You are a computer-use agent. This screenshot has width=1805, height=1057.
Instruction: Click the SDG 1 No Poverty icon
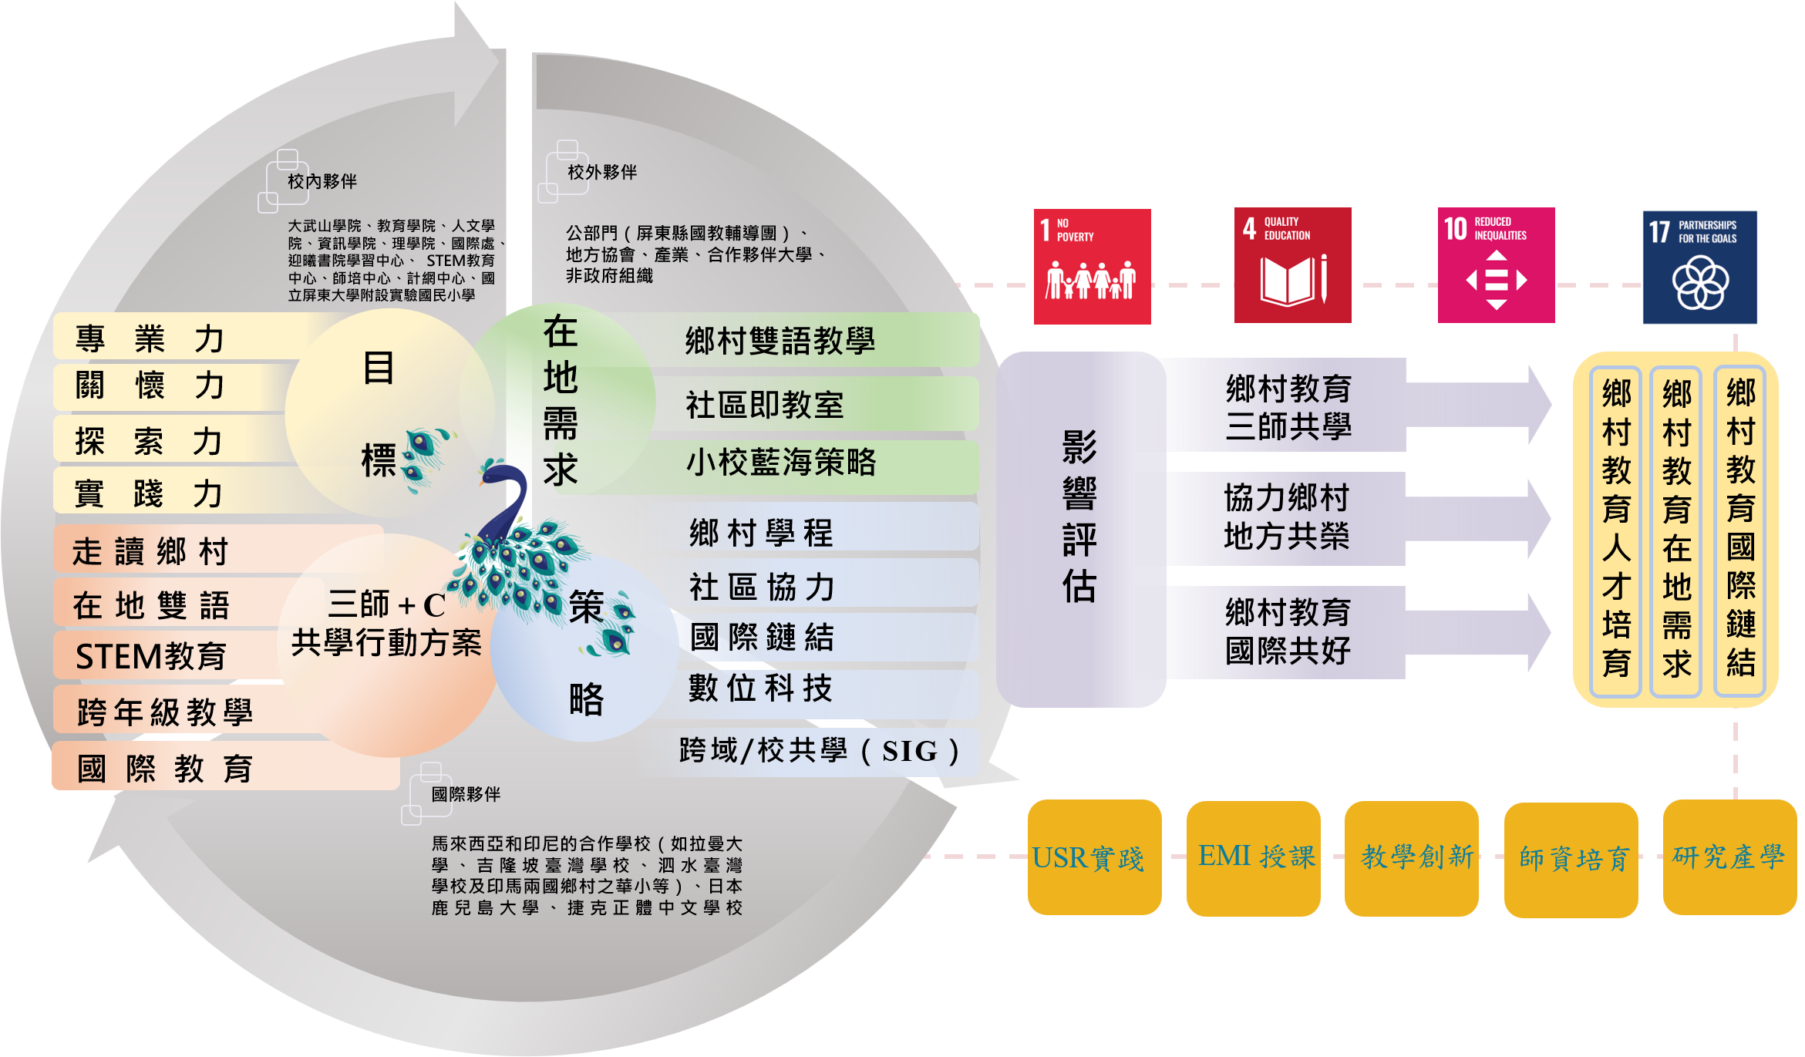pos(1092,266)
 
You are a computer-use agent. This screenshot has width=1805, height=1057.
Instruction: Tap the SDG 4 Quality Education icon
pos(1292,265)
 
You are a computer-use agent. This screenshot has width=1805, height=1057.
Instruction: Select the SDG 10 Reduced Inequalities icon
pos(1496,265)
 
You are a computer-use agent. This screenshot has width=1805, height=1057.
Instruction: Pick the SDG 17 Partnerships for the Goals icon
pos(1699,267)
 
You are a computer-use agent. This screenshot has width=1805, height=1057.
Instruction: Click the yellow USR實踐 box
pos(1094,857)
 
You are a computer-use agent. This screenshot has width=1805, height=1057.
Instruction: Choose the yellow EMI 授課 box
pos(1253,857)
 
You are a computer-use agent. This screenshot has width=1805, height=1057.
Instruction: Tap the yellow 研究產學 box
pos(1729,857)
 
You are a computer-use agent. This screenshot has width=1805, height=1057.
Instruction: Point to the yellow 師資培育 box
pos(1571,859)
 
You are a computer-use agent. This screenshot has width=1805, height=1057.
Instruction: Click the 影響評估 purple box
pos(1079,529)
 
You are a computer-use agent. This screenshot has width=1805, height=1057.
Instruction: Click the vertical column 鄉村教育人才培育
pos(1616,529)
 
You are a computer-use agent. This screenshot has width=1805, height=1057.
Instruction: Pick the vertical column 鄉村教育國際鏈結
pos(1741,529)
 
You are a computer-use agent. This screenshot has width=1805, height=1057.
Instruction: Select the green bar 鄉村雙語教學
pos(780,341)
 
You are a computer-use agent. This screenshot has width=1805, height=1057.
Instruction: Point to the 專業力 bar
pos(150,338)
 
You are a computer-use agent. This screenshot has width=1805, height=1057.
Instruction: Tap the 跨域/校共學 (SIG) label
pos(819,751)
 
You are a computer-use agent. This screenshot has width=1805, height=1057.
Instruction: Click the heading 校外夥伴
pos(602,172)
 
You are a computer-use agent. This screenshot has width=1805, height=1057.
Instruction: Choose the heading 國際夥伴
pos(466,794)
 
